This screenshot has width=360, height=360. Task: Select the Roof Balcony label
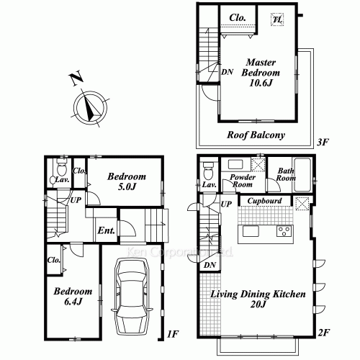coord(256,135)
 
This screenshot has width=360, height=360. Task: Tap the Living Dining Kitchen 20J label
coord(258,300)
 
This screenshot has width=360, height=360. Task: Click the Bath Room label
coord(287,175)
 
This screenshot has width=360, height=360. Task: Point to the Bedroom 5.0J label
coord(127,181)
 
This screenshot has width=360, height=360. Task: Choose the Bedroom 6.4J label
coord(72,296)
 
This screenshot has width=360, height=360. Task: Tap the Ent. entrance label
coord(105,231)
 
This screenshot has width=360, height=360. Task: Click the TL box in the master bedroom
coord(277,21)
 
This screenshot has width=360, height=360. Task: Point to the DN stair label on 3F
coord(227,72)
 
